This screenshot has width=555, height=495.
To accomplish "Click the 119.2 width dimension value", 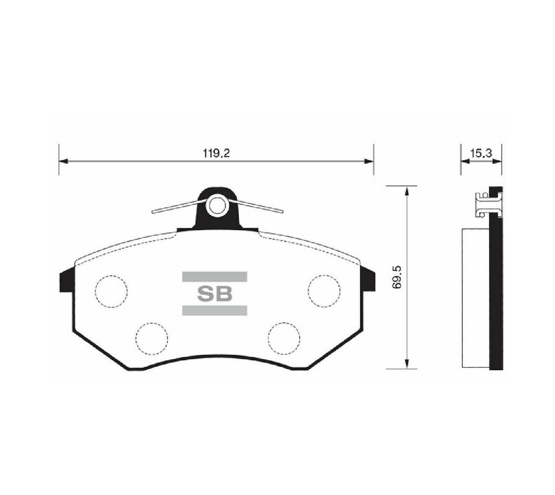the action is click(x=216, y=153).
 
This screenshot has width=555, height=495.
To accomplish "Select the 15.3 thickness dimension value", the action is click(x=481, y=153).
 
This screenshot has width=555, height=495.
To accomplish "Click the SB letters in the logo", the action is click(x=214, y=294).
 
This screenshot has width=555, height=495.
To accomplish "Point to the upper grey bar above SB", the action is click(x=214, y=277).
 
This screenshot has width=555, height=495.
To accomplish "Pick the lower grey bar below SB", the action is click(x=214, y=310).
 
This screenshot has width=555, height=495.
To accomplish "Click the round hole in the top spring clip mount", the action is click(x=216, y=206).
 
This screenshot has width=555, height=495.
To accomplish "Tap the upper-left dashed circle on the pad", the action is click(x=111, y=291).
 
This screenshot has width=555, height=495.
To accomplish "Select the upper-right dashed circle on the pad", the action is click(x=324, y=291).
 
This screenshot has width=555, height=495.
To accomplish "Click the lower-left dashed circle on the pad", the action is click(x=152, y=339).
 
